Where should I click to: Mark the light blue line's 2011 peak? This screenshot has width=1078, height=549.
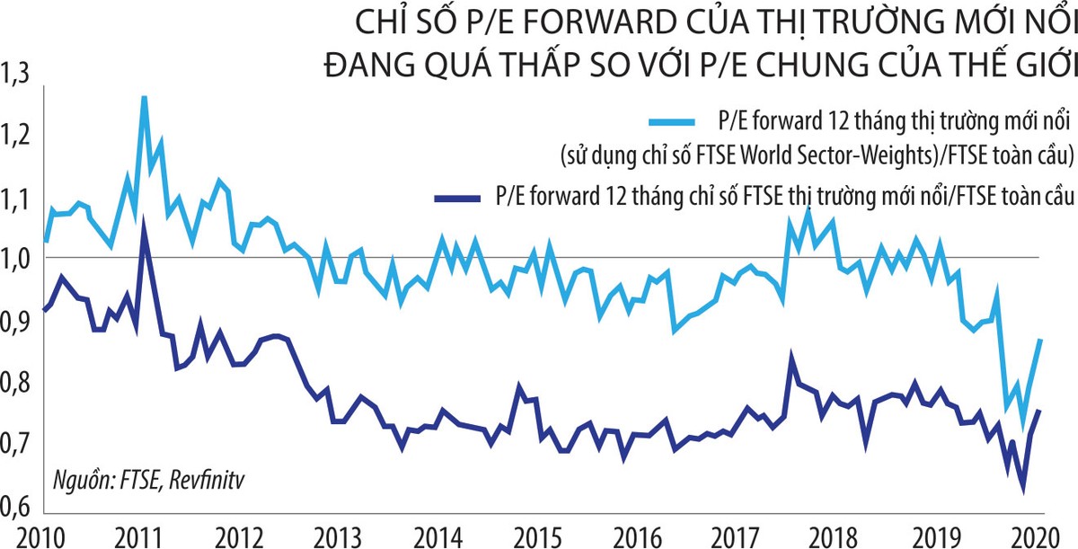pos(144,95)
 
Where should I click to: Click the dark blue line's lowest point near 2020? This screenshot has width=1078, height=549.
pos(1023,491)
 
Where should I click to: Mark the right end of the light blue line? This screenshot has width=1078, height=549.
pos(1040,340)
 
